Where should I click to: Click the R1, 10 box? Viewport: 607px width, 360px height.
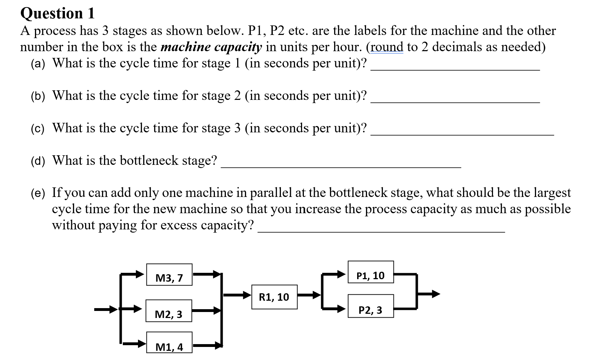click(274, 297)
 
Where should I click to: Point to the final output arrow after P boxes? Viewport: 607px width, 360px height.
click(428, 294)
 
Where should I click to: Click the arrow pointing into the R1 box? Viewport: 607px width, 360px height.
click(237, 295)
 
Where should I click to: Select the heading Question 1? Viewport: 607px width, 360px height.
click(58, 13)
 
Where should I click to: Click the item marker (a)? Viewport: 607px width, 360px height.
click(38, 64)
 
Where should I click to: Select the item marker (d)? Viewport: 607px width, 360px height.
click(38, 161)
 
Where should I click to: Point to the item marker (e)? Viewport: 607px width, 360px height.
click(38, 193)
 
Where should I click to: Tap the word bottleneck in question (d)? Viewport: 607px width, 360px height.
click(149, 161)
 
